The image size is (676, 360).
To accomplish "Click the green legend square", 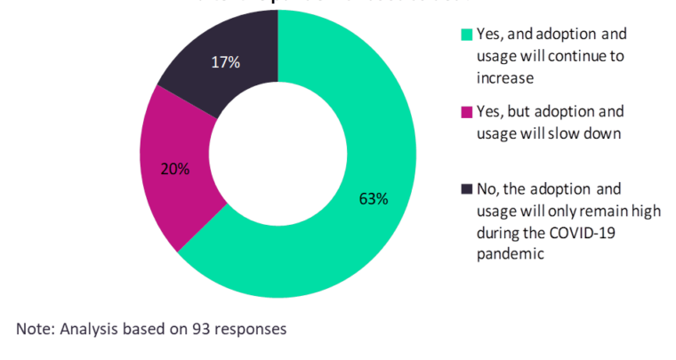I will tap(466, 36).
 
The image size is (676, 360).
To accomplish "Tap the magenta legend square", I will tap(466, 113).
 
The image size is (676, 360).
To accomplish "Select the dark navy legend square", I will tap(466, 189).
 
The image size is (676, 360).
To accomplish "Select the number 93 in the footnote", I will tap(201, 329).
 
